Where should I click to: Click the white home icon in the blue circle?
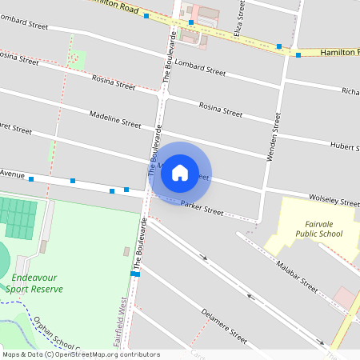point(179,172)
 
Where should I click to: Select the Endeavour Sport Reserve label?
point(38,283)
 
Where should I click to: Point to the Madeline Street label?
point(115,120)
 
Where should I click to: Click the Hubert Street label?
point(344,146)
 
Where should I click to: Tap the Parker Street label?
point(202,209)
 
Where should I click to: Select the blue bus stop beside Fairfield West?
point(136,274)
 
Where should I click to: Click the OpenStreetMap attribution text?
point(80,354)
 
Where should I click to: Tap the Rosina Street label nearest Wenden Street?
point(220,108)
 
